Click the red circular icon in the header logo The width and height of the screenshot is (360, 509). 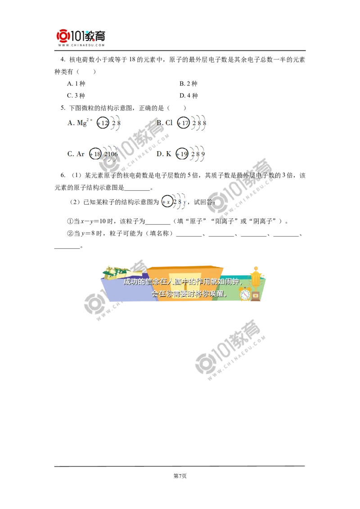[63, 36]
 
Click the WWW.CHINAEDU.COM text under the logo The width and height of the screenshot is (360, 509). [81, 45]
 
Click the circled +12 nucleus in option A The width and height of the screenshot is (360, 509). [103, 123]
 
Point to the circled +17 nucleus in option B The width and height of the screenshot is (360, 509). [183, 123]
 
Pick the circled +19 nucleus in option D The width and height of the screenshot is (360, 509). [181, 154]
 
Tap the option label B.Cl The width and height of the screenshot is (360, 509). [165, 122]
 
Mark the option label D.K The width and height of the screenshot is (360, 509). [163, 154]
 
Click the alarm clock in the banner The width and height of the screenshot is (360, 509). [245, 294]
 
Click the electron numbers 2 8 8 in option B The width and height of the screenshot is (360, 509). [198, 123]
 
